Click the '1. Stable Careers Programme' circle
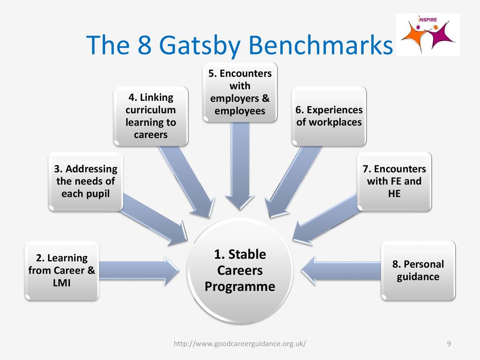tap(240, 270)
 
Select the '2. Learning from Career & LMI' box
tap(62, 270)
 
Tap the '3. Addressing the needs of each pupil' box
tap(86, 181)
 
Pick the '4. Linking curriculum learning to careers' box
tap(150, 116)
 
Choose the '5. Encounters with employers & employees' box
tap(240, 92)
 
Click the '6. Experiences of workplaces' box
tap(329, 116)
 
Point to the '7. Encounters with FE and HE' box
tap(394, 181)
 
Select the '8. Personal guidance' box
tap(418, 270)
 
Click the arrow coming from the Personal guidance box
tap(341, 271)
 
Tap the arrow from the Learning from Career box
tap(139, 271)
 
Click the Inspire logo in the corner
tap(427, 34)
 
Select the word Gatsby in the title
tap(200, 45)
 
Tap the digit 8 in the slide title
tap(144, 45)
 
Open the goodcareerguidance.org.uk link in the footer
tap(240, 344)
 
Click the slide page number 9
tap(449, 344)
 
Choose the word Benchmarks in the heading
tap(321, 45)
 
